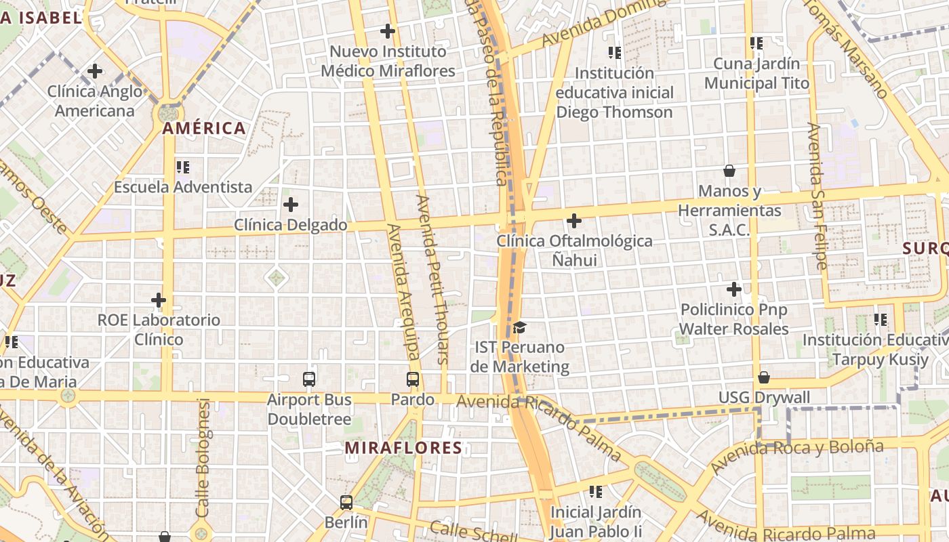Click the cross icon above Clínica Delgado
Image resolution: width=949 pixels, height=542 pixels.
291,204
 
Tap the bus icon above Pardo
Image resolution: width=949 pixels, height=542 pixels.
413,379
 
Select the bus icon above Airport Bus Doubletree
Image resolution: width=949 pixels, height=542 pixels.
309,379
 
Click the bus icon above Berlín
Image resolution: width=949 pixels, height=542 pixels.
346,502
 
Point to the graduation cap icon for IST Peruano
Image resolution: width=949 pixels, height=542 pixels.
519,327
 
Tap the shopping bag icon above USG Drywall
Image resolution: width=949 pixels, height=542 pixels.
764,377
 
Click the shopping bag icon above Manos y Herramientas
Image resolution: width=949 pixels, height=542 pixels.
729,170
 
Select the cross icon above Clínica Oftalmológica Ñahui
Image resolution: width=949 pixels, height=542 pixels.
574,220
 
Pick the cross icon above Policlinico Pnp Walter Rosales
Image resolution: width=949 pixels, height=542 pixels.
734,289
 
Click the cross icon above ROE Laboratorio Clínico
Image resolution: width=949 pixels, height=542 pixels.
159,299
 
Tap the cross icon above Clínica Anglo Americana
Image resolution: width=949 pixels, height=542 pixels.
95,70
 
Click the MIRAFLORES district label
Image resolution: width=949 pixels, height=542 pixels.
403,448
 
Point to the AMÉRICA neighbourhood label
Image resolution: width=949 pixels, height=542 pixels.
204,128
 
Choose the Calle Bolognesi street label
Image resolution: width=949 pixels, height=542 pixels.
203,458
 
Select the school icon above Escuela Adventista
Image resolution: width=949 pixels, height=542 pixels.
182,167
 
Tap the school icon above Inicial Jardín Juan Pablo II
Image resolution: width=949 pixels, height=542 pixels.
596,491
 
